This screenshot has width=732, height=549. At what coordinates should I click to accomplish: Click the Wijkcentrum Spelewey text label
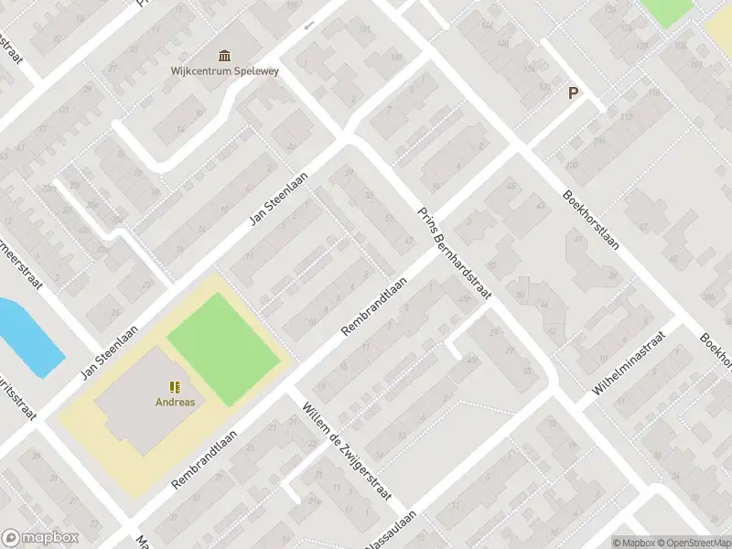tap(224, 70)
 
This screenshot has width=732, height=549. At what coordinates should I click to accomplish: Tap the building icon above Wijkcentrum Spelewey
tap(224, 54)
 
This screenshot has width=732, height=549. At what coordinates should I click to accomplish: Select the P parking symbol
tap(574, 92)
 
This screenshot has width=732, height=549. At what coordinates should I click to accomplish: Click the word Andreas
tap(174, 401)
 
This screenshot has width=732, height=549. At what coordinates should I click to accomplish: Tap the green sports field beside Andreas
tap(223, 340)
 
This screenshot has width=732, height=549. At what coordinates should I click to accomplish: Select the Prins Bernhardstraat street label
tap(455, 253)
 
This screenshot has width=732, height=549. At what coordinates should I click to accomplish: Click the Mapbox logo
tap(38, 538)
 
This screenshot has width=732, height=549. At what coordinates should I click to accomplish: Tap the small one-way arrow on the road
tap(308, 25)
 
